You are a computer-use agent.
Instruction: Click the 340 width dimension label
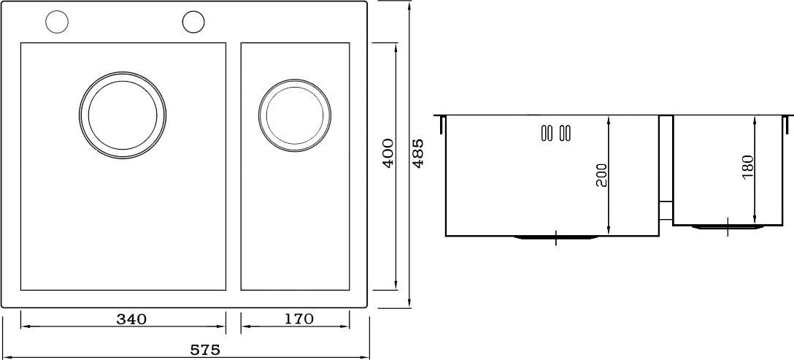click(x=132, y=319)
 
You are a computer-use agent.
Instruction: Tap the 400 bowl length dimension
click(x=388, y=153)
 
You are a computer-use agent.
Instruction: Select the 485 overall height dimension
click(x=418, y=153)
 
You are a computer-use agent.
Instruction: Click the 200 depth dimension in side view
click(x=601, y=175)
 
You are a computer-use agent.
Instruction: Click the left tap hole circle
click(x=56, y=23)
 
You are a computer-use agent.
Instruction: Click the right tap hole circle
click(x=193, y=23)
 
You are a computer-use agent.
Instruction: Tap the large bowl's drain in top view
click(x=123, y=114)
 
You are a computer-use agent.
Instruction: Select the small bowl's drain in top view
click(x=295, y=115)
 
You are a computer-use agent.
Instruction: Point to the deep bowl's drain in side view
click(x=557, y=237)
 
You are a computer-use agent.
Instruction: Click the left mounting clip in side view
click(x=442, y=125)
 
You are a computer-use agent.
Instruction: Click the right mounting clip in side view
click(x=787, y=125)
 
